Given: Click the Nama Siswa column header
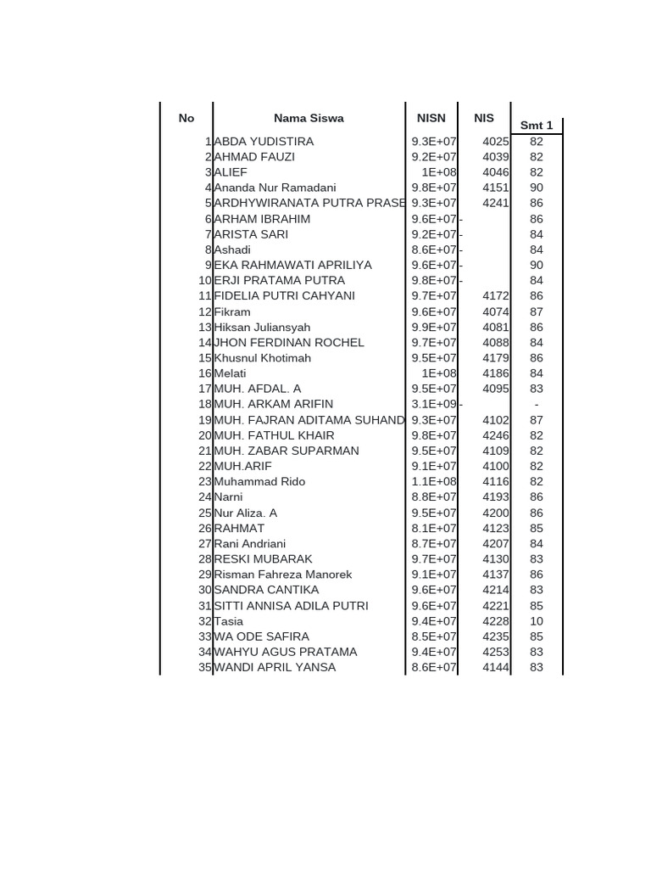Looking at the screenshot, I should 309,119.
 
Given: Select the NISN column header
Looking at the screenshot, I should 431,119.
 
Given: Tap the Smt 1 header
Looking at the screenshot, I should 537,126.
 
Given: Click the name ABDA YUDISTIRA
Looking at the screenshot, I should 264,142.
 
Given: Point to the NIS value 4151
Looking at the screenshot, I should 496,188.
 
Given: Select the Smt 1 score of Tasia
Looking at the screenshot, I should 537,621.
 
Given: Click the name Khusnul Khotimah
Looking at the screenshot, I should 262,358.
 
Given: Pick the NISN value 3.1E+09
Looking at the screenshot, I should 434,404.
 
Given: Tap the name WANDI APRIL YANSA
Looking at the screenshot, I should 275,667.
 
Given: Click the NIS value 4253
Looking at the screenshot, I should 496,652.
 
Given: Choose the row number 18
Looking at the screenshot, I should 204,404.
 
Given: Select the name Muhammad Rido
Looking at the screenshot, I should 259,481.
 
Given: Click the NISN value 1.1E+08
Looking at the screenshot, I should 434,481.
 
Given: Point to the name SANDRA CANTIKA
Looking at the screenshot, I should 266,590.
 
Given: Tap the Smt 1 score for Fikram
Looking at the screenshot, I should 537,311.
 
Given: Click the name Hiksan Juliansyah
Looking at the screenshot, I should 262,327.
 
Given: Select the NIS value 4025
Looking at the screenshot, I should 496,142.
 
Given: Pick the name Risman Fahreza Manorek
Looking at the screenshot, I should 282,575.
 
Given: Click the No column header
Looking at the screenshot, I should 186,119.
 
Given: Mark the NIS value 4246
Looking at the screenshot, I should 496,435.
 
